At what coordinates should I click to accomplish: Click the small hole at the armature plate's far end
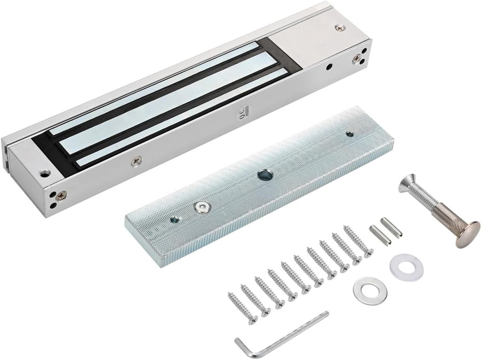(349, 135)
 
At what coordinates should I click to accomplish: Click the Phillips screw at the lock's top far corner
(338, 29)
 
